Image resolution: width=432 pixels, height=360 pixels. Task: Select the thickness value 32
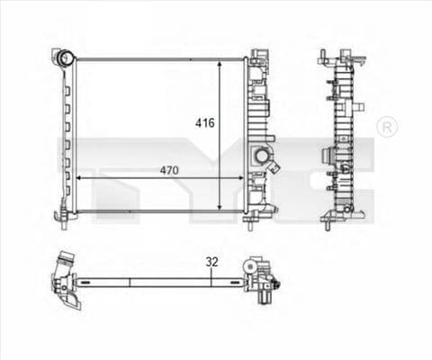coord(212,262)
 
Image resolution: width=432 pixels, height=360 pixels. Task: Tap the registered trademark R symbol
coord(386,127)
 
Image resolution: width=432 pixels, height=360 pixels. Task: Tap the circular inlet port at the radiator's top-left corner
coord(64,58)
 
